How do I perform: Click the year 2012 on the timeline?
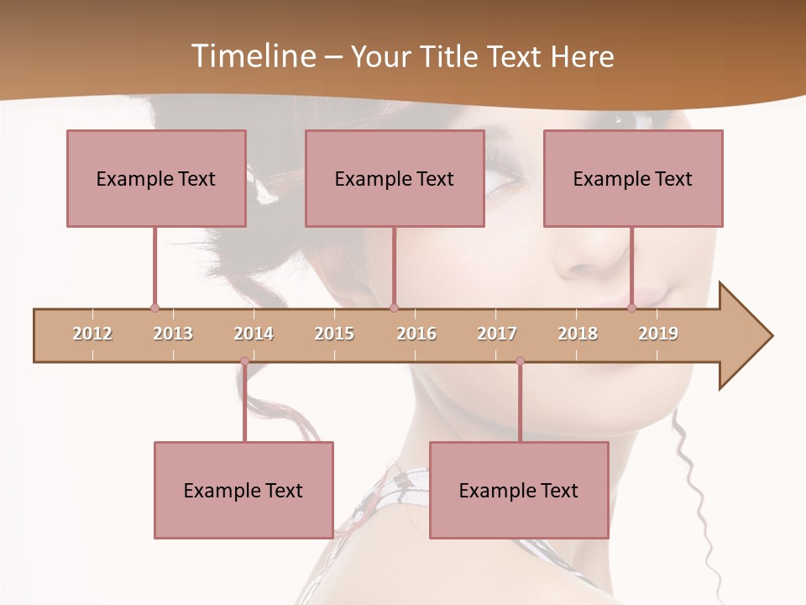(x=92, y=334)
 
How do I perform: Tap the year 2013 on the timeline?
(x=173, y=334)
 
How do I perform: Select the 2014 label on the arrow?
(x=254, y=334)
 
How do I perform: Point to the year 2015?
(x=334, y=334)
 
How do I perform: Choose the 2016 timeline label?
(x=416, y=334)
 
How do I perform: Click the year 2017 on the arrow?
(x=497, y=334)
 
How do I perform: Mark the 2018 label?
(x=578, y=334)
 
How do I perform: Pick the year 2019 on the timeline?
(x=658, y=334)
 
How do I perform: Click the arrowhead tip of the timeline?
(x=771, y=336)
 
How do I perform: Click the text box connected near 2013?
(x=156, y=178)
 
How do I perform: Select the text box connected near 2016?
(x=395, y=178)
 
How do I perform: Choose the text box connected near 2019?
(x=633, y=178)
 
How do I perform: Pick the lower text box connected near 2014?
(x=243, y=490)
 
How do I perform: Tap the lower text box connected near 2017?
(x=519, y=490)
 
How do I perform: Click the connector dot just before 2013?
(x=154, y=308)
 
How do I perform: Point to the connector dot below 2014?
(x=244, y=361)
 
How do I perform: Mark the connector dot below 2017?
(x=520, y=361)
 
